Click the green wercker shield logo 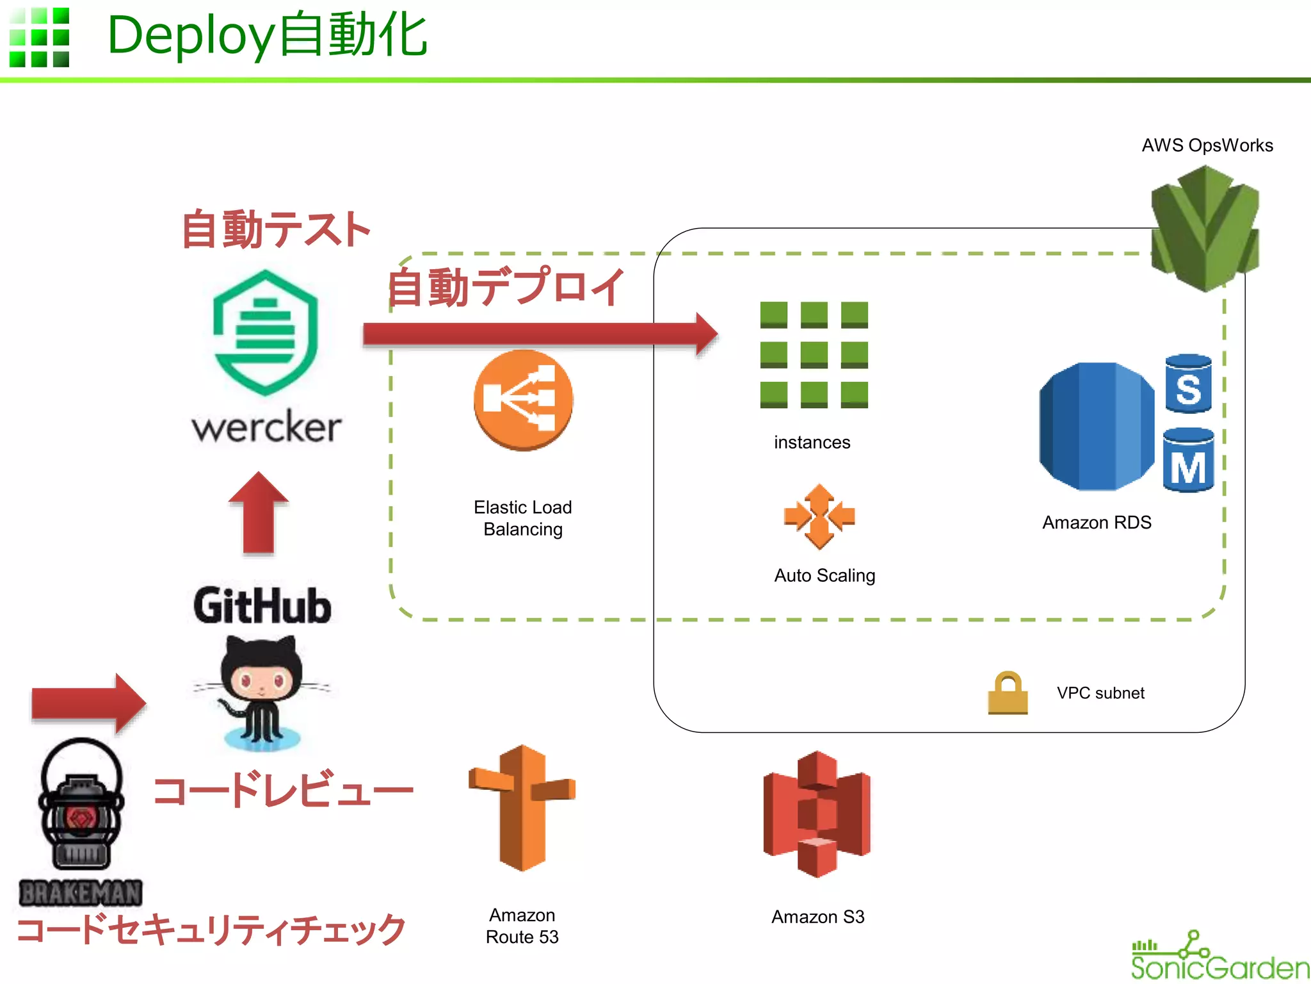pos(265,333)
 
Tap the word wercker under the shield pos(266,427)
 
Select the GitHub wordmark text pos(262,606)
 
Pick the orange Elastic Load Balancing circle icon pos(523,400)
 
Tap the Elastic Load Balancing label pos(523,518)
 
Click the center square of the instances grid pos(814,354)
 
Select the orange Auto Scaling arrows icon pos(819,516)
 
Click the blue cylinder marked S pos(1188,384)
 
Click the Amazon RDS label pos(1097,523)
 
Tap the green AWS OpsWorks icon pos(1205,229)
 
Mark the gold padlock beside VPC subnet pos(1008,693)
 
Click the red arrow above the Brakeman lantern pos(88,703)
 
